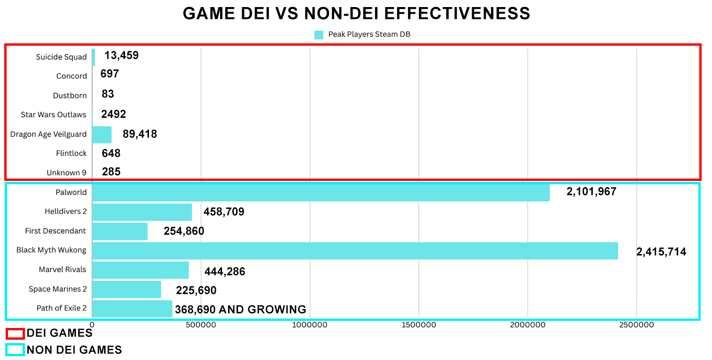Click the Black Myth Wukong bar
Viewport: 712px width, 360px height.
pos(355,251)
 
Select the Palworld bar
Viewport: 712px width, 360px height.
pos(320,193)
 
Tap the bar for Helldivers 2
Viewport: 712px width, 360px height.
pos(142,212)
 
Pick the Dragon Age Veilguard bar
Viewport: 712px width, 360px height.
pos(102,135)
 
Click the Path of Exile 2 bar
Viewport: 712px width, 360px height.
pos(132,309)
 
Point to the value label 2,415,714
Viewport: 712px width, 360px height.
pos(661,252)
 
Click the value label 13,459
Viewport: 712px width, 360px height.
pos(122,56)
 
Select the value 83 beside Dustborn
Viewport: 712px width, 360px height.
pos(108,94)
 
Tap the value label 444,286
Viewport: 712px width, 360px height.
pos(225,271)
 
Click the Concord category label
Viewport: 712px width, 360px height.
pos(72,76)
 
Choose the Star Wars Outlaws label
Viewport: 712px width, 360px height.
pos(54,115)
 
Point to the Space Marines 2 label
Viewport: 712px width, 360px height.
pos(57,289)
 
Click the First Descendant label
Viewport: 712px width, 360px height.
pos(56,231)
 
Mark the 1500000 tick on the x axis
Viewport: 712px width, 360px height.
pos(418,325)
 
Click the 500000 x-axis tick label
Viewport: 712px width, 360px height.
pos(201,325)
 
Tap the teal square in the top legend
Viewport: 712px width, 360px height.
pos(319,34)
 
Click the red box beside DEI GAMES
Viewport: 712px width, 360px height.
pos(15,334)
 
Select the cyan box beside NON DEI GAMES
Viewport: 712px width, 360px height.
pos(15,350)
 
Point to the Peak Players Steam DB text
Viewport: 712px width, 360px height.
pos(369,34)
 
